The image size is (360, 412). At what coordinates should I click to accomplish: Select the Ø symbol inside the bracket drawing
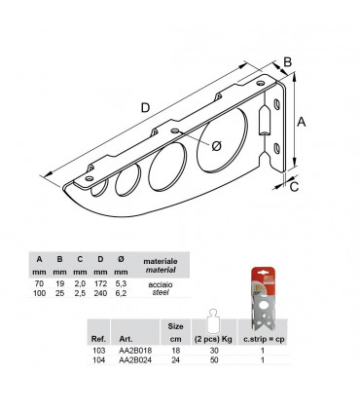point(215,146)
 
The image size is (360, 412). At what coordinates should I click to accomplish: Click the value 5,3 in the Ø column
point(121,283)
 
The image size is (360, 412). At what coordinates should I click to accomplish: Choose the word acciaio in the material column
point(161,283)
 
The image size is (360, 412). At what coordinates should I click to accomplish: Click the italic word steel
point(161,293)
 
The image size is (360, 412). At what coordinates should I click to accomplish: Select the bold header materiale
point(161,262)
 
